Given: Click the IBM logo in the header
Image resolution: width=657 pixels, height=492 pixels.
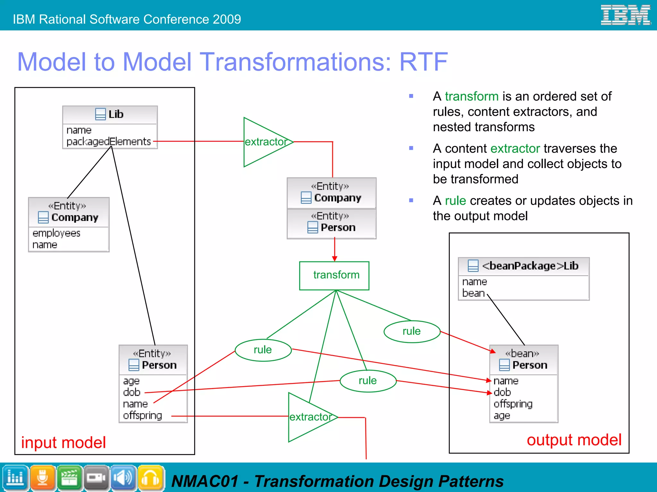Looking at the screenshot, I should click(x=625, y=15).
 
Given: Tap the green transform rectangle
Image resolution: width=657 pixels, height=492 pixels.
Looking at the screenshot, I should click(x=334, y=276).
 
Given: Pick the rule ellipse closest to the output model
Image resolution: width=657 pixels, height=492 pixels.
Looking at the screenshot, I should click(x=412, y=331).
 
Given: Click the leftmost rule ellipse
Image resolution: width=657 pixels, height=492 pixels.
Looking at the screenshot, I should click(x=263, y=350).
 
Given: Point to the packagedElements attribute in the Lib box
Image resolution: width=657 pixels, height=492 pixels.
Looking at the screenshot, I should click(x=108, y=141).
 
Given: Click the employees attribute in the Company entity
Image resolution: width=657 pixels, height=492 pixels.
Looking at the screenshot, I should click(x=56, y=233).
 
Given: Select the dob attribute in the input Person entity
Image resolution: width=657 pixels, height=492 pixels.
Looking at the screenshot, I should click(x=132, y=392).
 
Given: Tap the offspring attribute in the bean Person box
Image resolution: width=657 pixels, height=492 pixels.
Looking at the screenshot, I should click(x=513, y=404).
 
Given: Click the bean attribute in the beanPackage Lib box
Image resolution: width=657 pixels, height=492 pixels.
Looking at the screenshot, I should click(x=473, y=293).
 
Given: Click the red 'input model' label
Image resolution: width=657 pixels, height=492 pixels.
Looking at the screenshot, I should click(x=64, y=443).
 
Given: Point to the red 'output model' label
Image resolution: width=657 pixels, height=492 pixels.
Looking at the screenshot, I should click(x=574, y=440).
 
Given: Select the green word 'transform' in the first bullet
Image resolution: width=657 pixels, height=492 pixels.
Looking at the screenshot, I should click(x=471, y=97).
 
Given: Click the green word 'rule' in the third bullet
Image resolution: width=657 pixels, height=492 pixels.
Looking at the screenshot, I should click(x=455, y=201).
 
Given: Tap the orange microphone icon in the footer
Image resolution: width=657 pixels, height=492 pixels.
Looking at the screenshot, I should click(x=42, y=478).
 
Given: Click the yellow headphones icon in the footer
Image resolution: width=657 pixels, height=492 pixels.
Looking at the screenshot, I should click(x=150, y=478).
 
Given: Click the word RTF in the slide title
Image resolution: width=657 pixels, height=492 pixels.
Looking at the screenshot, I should click(x=423, y=62).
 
